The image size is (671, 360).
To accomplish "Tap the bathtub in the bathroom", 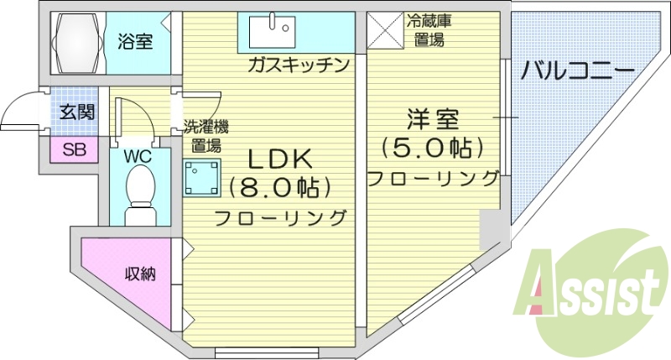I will tap(75, 40).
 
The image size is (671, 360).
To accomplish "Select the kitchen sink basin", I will tap(273, 31).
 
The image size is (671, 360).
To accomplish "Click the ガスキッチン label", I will tap(298, 65).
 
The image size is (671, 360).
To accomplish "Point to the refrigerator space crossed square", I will tap(384, 31).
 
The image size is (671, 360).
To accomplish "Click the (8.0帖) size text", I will tap(279, 186).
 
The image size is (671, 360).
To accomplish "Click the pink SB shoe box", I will tap(75, 150).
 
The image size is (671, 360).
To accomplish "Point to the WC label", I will tap(138, 155).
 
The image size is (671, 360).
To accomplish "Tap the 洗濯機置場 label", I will tap(206, 136).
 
